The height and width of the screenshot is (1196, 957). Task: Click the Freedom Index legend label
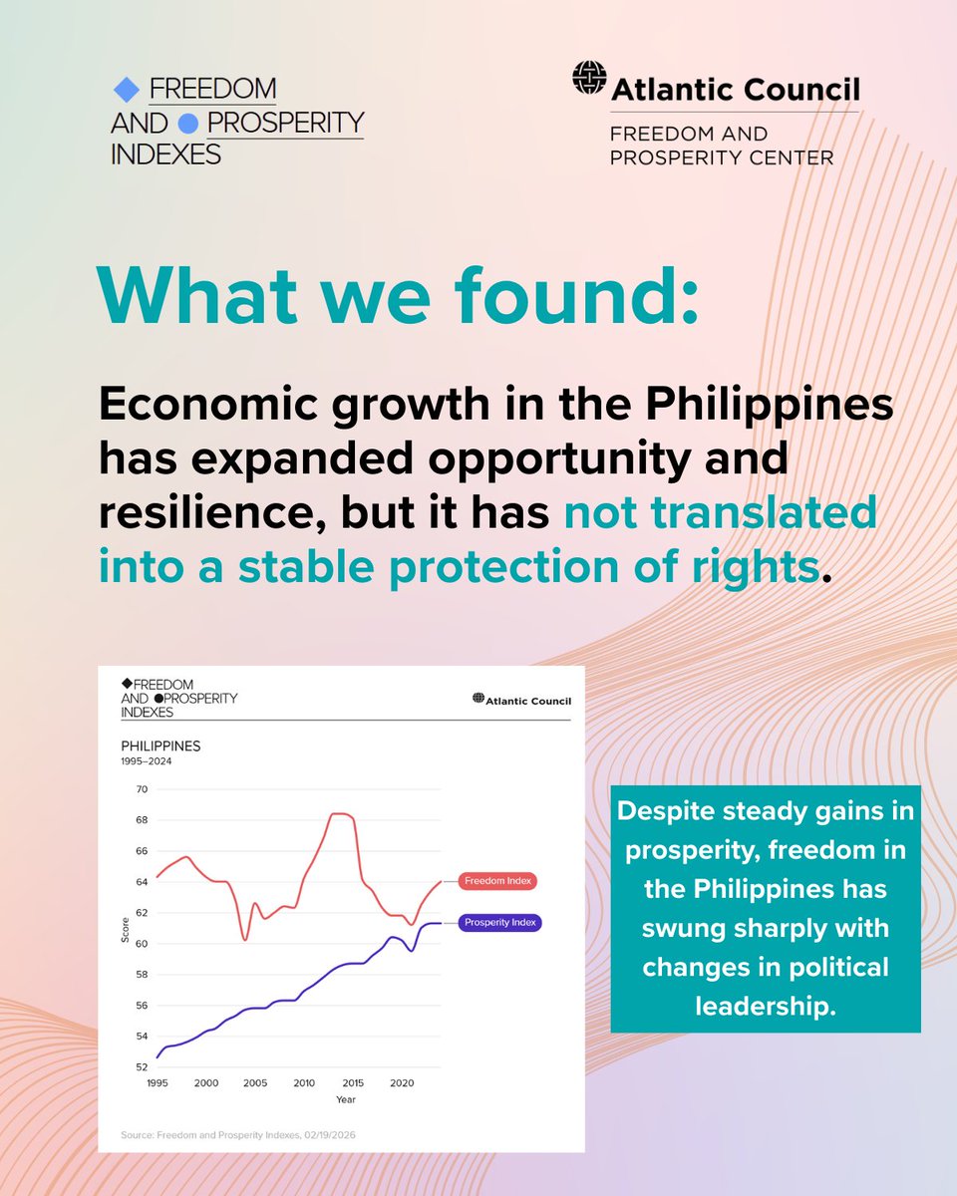pos(499,881)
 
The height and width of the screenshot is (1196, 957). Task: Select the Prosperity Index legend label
pos(500,923)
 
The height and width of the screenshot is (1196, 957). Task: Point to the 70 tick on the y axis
pos(141,789)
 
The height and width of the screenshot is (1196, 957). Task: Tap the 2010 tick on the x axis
pos(304,1082)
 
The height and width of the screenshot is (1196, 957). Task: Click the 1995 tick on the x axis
pos(157,1082)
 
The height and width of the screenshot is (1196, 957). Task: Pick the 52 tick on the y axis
pos(141,1067)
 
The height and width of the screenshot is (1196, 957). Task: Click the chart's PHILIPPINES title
pos(160,746)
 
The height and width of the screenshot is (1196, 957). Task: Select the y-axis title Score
pos(126,929)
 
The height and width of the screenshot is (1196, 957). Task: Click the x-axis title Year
pos(344,1100)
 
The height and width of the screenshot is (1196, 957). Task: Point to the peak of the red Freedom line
pos(339,814)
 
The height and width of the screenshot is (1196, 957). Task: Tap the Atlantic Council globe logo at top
pos(589,78)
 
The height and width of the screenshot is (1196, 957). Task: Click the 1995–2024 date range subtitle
pos(147,761)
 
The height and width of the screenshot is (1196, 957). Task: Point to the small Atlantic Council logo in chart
pos(522,701)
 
